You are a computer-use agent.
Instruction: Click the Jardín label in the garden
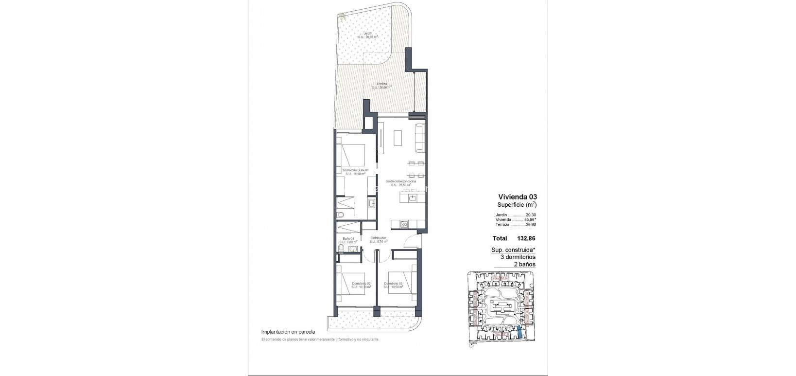click(368, 34)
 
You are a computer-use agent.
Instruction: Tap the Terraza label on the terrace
click(381, 84)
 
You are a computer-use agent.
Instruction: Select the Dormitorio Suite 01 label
click(355, 170)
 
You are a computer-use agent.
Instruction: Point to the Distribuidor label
click(378, 238)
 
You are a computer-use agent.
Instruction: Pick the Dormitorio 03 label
click(393, 283)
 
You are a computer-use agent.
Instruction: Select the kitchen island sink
click(412, 198)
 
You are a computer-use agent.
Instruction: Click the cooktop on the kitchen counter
click(403, 224)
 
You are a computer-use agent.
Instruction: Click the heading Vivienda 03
click(514, 197)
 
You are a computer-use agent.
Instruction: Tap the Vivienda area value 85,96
click(529, 219)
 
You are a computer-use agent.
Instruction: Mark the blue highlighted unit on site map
click(520, 332)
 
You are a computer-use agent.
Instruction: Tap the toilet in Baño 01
click(342, 249)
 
